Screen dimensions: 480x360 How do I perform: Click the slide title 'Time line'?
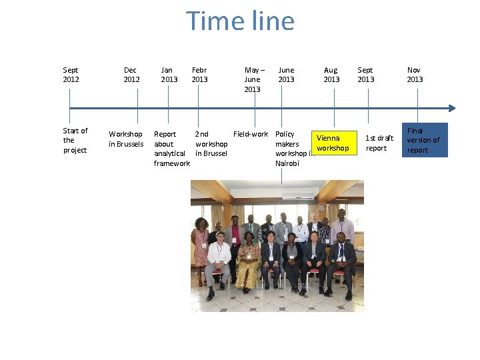coord(240,21)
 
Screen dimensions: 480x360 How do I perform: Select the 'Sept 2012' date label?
coord(71,75)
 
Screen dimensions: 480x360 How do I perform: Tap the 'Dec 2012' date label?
coord(131,75)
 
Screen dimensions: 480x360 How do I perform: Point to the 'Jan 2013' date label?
coord(169,75)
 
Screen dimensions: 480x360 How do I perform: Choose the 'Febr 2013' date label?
coord(199,75)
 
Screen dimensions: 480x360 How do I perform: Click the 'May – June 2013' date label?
coord(253,79)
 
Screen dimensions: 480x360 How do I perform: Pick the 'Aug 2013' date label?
coord(331,75)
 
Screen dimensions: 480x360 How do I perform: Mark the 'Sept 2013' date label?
coord(365,75)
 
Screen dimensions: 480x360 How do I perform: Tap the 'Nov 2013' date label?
coord(415,75)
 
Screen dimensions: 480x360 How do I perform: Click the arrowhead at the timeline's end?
coord(452,108)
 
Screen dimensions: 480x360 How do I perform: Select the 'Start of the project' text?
coord(75,141)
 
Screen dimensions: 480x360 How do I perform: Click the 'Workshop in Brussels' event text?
coord(126,139)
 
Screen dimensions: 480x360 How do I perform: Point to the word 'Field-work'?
coord(251,134)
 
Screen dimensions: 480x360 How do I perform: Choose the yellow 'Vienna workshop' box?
coord(332,143)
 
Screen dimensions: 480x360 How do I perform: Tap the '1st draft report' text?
coord(379,143)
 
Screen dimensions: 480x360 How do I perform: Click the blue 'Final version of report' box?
coord(424,140)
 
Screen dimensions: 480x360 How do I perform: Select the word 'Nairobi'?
coord(287,163)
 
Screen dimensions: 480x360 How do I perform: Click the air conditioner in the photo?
coord(298,195)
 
